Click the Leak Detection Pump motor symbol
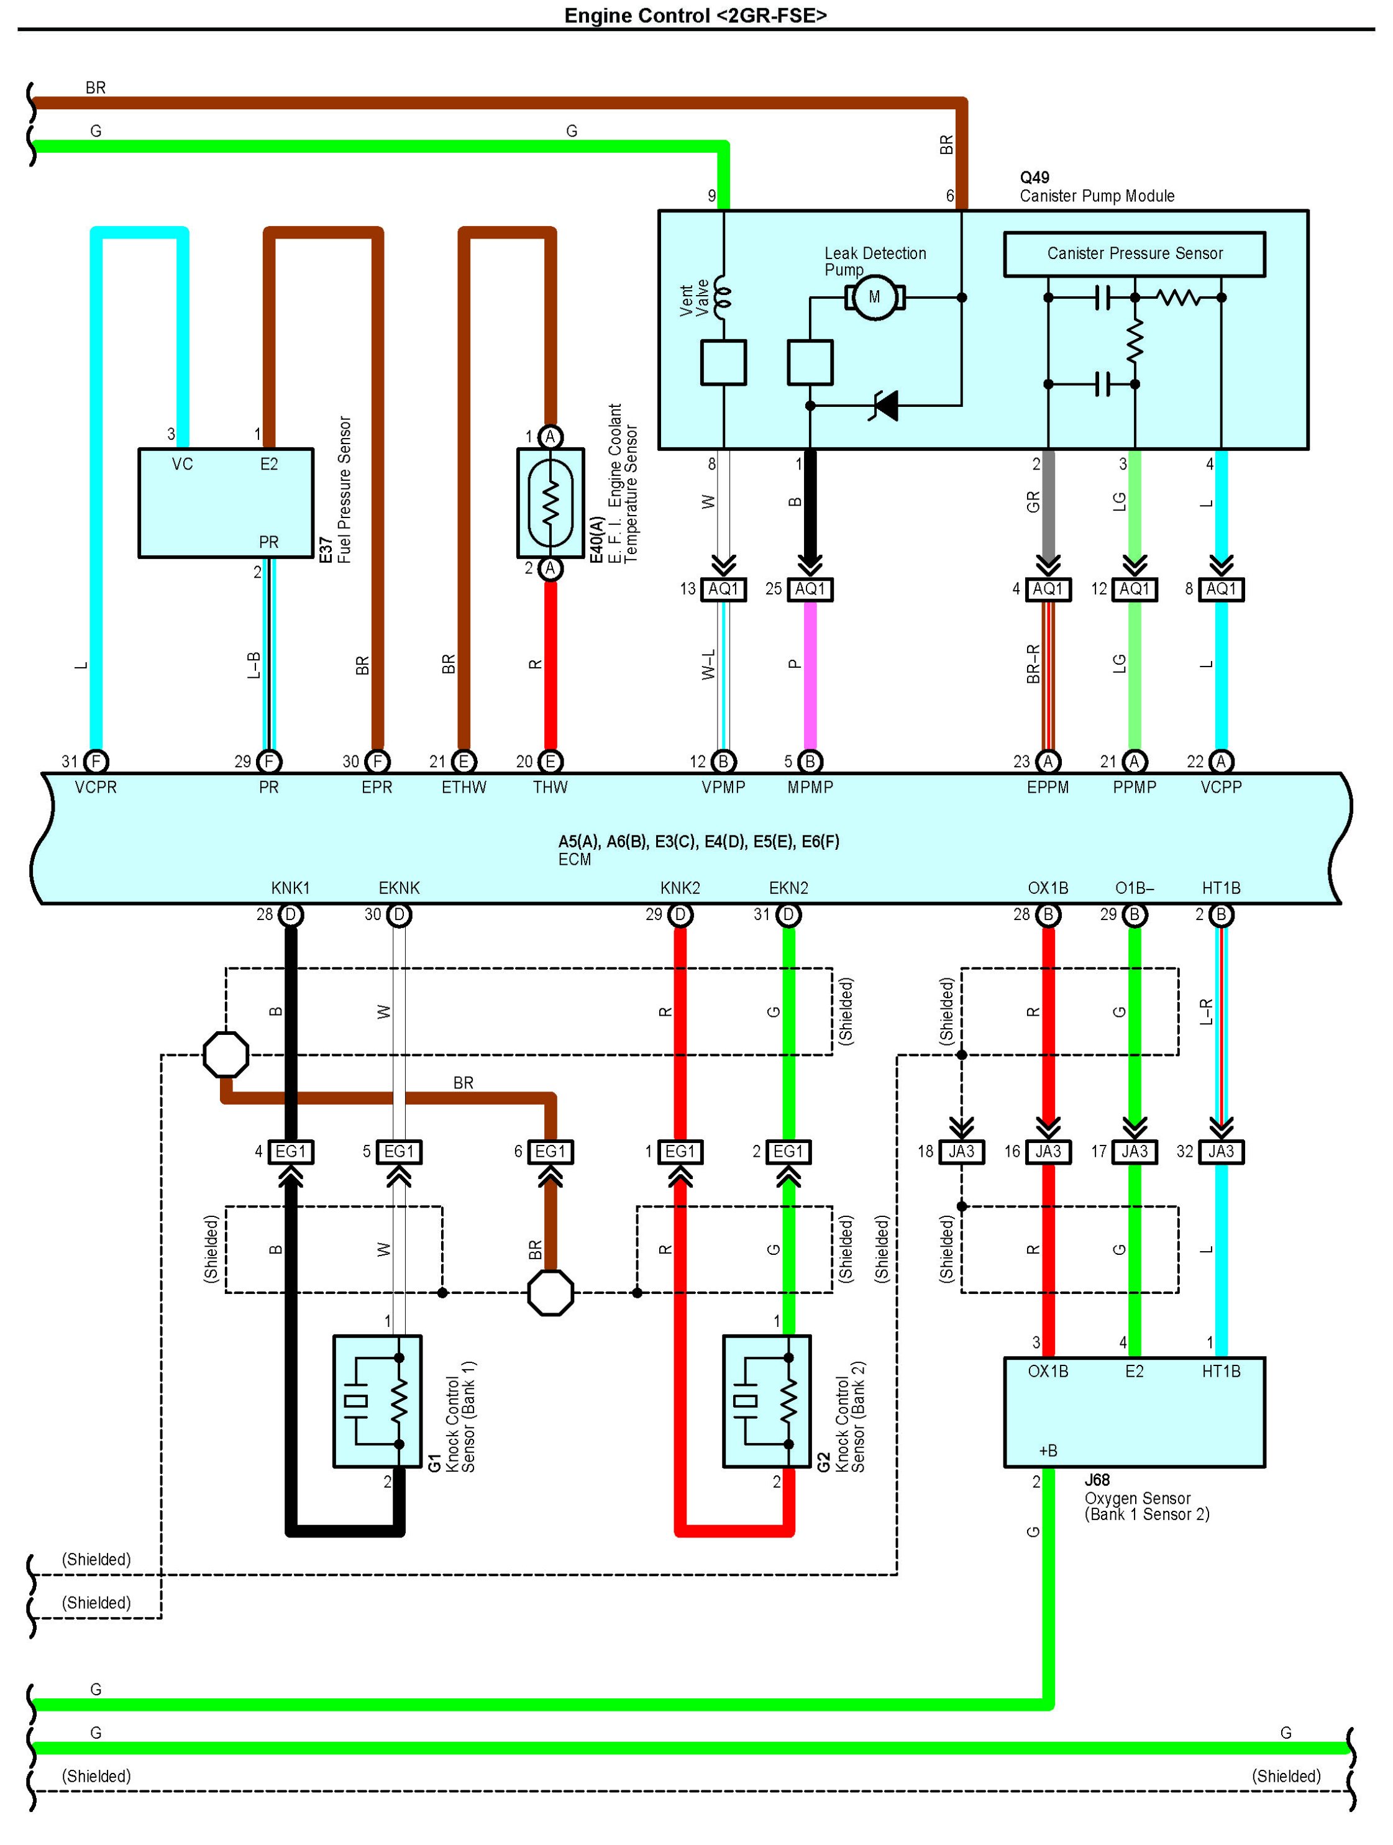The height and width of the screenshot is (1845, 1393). [x=874, y=297]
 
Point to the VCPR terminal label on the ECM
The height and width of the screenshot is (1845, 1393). [x=96, y=786]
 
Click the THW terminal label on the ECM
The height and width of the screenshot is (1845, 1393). [x=550, y=786]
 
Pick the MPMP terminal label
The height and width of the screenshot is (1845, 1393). [x=810, y=786]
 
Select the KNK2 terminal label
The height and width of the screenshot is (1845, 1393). [x=680, y=888]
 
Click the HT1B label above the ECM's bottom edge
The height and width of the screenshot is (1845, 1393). [x=1220, y=888]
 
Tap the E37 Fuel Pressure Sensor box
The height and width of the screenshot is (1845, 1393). [x=225, y=503]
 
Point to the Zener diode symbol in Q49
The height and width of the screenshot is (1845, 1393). [x=885, y=406]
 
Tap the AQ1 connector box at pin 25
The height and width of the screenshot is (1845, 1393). [x=810, y=589]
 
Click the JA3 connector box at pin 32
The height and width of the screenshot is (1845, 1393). [x=1220, y=1152]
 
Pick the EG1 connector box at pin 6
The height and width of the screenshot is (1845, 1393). [x=550, y=1152]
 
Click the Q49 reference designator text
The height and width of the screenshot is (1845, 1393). [x=1034, y=178]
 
